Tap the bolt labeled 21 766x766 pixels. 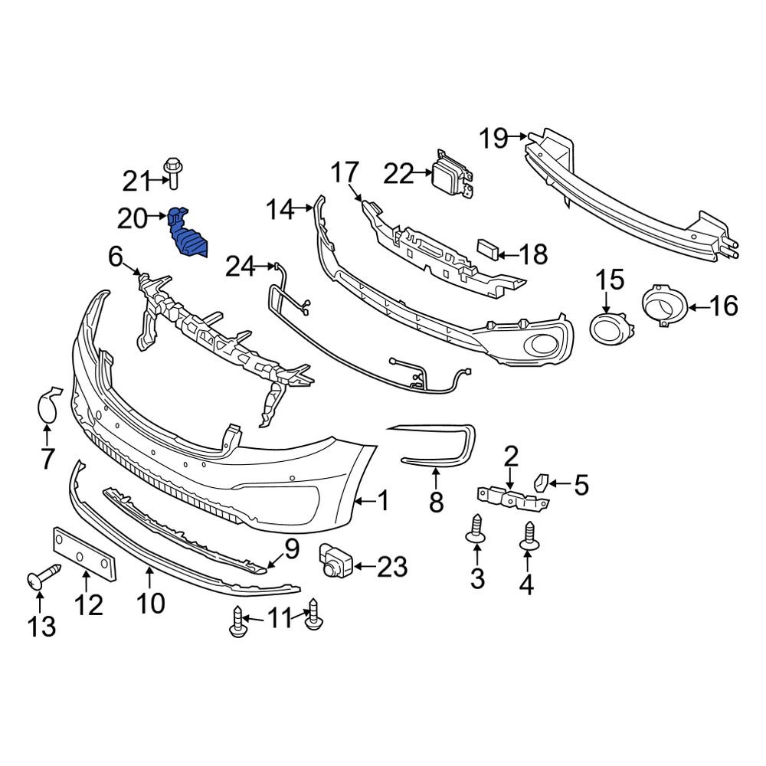172,173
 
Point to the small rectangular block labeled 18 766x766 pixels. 486,247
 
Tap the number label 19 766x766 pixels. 494,138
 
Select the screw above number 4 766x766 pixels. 528,535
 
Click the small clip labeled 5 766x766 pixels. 540,483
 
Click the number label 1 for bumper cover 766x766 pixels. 381,502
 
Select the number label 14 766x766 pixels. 280,209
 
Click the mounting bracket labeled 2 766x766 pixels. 512,496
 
